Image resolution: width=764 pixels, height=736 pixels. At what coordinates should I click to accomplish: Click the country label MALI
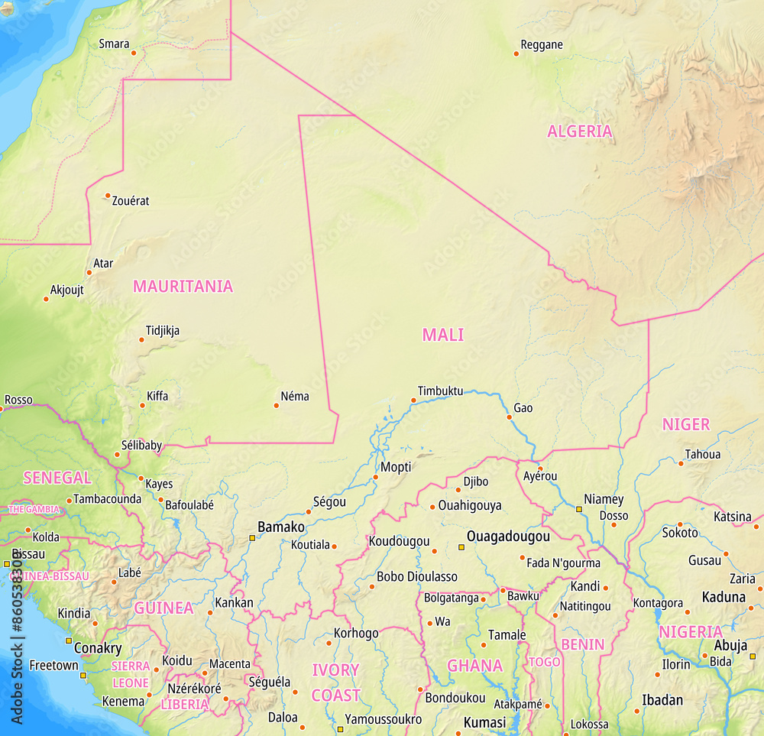443,335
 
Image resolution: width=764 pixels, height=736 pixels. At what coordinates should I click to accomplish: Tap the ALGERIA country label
579,131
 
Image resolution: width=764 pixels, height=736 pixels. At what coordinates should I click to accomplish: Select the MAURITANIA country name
183,287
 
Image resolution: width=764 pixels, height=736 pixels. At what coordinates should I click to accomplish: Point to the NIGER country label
685,425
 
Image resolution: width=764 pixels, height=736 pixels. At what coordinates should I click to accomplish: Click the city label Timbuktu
440,391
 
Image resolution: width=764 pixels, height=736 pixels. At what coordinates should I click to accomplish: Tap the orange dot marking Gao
509,417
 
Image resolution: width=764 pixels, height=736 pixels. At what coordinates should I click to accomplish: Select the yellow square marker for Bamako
252,538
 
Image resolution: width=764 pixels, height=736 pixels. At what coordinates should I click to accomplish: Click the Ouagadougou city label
508,537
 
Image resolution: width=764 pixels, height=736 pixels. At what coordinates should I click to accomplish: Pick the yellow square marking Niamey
579,509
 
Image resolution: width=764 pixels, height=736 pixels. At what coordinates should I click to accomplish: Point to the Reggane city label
541,44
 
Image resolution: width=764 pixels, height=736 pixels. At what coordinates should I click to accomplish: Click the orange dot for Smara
133,53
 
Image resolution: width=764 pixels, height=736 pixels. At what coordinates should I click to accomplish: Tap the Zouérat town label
131,201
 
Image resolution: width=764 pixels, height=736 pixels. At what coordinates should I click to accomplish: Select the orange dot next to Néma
276,405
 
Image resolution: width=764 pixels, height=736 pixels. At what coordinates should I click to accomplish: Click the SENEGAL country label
57,478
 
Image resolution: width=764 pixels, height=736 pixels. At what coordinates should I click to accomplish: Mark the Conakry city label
98,648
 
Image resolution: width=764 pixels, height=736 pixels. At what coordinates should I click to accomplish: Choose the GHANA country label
474,666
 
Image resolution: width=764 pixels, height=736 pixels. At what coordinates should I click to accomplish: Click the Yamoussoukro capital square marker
341,729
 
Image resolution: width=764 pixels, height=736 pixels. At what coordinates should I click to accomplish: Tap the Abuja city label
730,646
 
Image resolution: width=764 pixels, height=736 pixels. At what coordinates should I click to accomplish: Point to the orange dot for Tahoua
681,463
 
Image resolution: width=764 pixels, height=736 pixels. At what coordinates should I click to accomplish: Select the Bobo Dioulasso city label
417,576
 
